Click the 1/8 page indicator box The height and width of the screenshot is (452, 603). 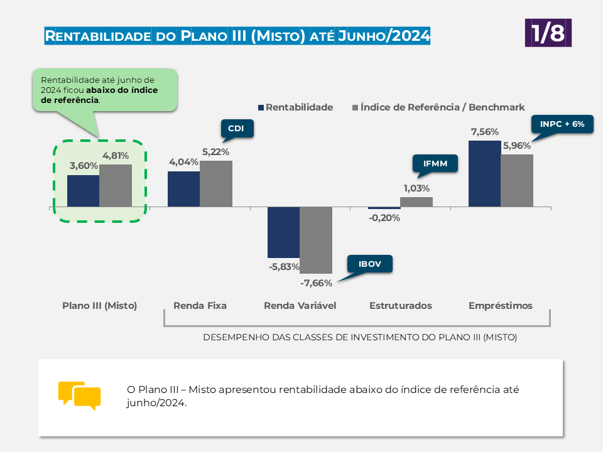point(548,33)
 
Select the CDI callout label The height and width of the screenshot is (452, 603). point(237,128)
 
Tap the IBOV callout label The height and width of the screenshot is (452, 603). point(370,264)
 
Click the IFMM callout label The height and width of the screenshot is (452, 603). point(435,163)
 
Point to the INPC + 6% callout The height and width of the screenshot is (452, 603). point(562,124)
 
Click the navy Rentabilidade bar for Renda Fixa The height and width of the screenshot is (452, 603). point(184,189)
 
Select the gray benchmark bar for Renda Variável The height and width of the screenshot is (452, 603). point(316,240)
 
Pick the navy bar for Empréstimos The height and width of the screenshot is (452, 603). point(484,174)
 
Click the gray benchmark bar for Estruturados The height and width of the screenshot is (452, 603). point(416,202)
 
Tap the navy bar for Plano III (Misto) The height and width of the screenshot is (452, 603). point(84,191)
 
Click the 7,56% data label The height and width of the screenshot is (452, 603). point(485,132)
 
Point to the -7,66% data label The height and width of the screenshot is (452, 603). point(316,283)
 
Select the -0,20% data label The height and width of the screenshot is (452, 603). point(384,218)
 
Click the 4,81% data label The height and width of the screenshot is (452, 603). point(116,156)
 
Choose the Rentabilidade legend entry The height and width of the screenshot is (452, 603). point(295,107)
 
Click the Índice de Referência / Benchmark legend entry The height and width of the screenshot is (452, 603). point(438,107)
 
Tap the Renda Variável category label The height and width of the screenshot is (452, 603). point(300,306)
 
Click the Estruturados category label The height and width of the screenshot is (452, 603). point(401,306)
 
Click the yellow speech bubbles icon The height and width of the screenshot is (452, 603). point(80,396)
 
